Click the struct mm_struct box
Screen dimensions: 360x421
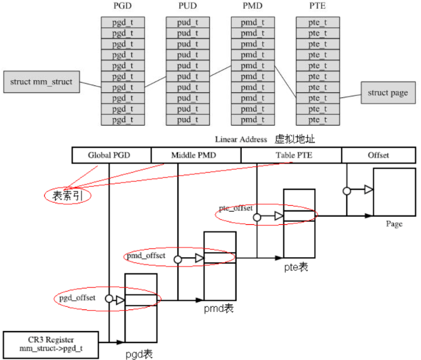(42, 82)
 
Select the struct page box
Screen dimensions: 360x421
(388, 93)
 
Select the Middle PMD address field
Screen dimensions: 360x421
(196, 155)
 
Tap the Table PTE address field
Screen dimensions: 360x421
(291, 155)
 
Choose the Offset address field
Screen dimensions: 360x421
(378, 155)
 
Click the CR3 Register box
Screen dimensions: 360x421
(51, 343)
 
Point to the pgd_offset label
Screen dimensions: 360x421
(78, 298)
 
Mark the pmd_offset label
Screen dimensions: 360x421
(146, 256)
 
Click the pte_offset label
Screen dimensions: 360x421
(235, 208)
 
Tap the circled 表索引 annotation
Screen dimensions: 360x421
(67, 196)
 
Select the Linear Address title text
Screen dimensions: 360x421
(240, 140)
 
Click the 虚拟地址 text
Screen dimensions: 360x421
(294, 139)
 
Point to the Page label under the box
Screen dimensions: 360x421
(394, 224)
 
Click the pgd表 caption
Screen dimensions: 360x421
(139, 353)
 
